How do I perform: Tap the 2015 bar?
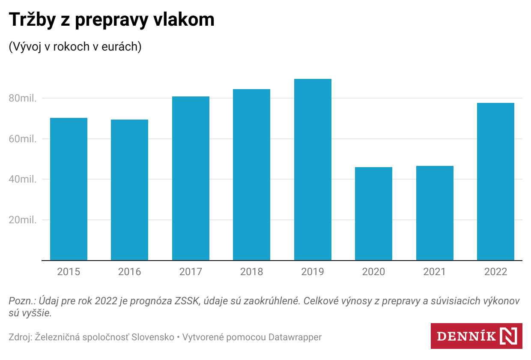[x=69, y=189]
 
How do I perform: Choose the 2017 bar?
[x=191, y=178]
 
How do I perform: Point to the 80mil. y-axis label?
[x=23, y=99]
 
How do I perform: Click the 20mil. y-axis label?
[x=23, y=220]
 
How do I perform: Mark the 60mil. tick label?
[x=23, y=139]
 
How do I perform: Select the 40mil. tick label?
[x=23, y=180]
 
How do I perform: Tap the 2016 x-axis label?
[x=129, y=272]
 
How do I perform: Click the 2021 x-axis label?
[x=434, y=272]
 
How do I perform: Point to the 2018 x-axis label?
[x=251, y=272]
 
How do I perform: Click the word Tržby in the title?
[x=32, y=20]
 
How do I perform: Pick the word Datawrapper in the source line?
[x=295, y=337]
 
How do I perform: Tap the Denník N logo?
[x=477, y=336]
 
